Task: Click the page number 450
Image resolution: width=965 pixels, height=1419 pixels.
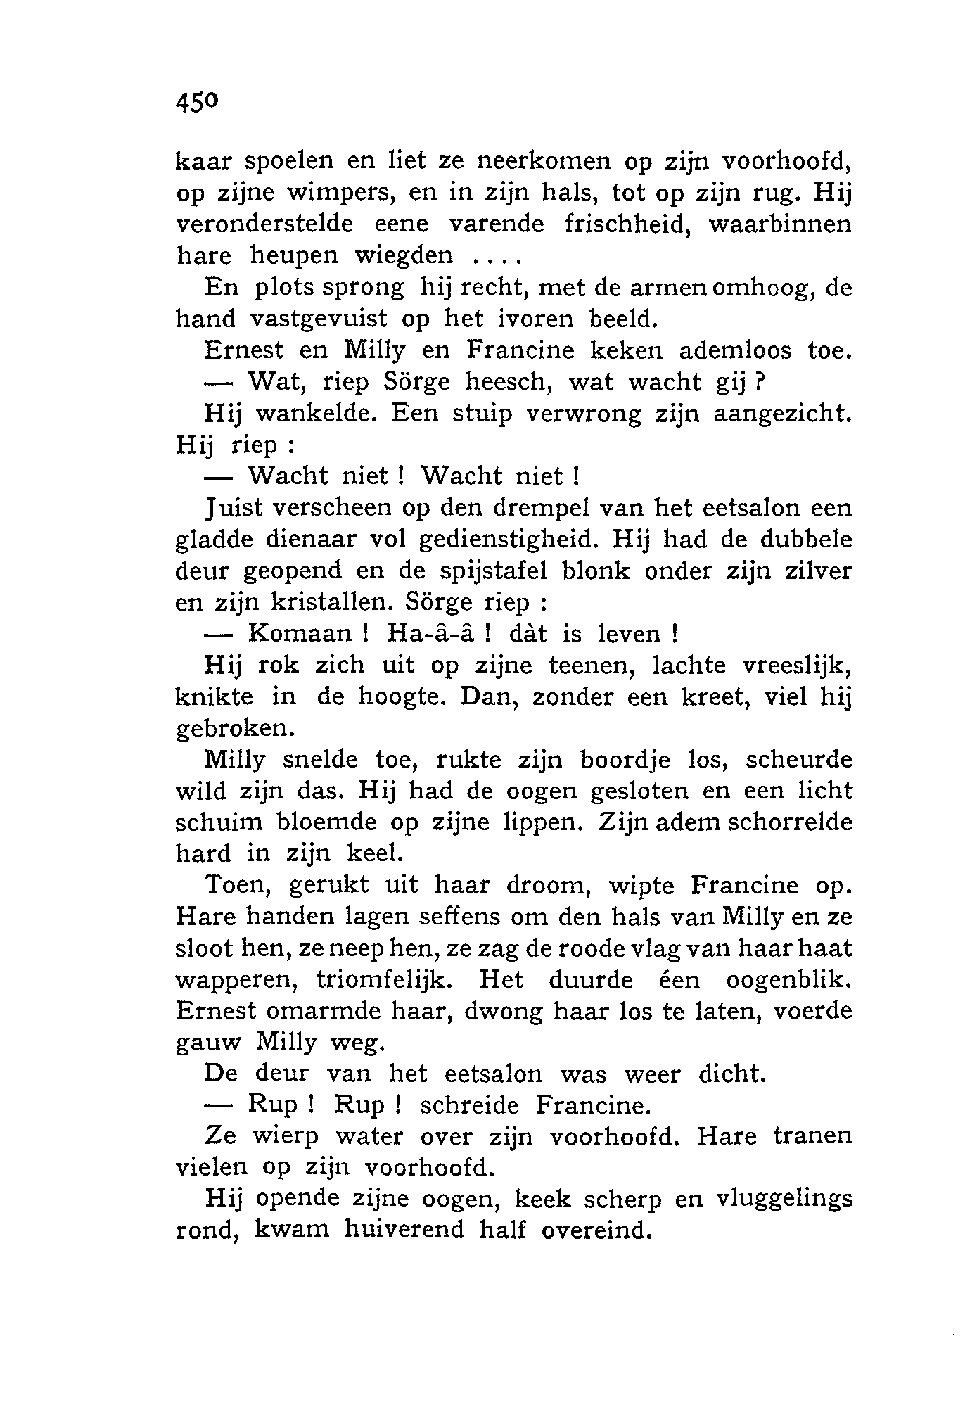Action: tap(198, 103)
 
